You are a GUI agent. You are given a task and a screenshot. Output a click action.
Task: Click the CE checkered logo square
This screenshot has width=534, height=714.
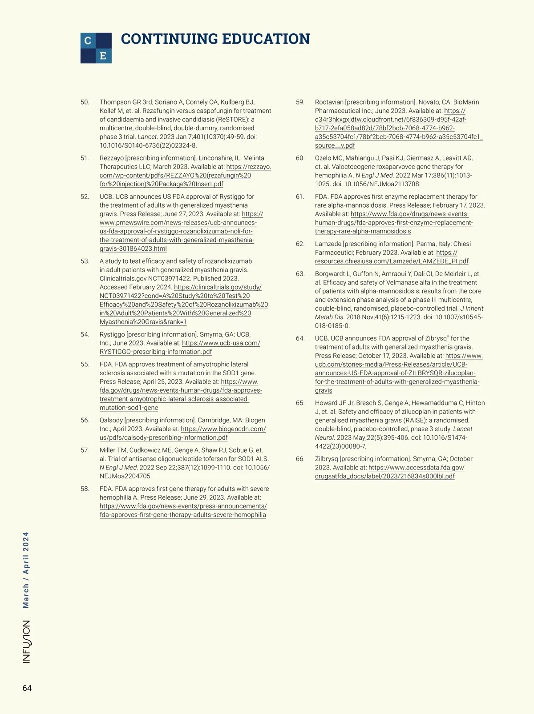(x=96, y=48)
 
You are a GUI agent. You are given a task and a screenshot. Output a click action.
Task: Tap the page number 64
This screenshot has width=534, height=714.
(x=27, y=688)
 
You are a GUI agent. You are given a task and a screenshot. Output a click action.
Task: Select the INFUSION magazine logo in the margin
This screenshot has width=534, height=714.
(x=27, y=642)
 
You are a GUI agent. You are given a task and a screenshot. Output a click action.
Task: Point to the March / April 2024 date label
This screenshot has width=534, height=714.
(x=26, y=570)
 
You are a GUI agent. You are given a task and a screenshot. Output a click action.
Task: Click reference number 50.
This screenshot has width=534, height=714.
(x=85, y=102)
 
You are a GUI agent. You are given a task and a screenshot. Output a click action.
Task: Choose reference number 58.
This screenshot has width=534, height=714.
(x=85, y=489)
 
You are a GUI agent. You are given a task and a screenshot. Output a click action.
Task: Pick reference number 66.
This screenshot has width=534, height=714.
(x=300, y=459)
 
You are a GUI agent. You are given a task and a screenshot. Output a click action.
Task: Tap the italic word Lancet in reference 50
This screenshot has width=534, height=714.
(x=145, y=137)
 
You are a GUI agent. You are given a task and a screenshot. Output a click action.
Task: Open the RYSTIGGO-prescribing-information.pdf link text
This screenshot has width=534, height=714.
(x=156, y=352)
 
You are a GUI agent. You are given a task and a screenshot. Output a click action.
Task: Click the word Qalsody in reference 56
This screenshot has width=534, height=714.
(x=111, y=421)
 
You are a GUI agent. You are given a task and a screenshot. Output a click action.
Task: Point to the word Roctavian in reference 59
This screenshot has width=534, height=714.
(x=329, y=102)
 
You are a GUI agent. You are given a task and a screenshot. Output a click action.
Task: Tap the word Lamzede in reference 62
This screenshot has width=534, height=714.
(x=328, y=244)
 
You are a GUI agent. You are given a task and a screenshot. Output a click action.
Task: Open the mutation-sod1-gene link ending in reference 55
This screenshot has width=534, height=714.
(x=129, y=408)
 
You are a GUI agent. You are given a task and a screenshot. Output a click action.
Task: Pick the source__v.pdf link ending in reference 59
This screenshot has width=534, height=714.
(x=335, y=146)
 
